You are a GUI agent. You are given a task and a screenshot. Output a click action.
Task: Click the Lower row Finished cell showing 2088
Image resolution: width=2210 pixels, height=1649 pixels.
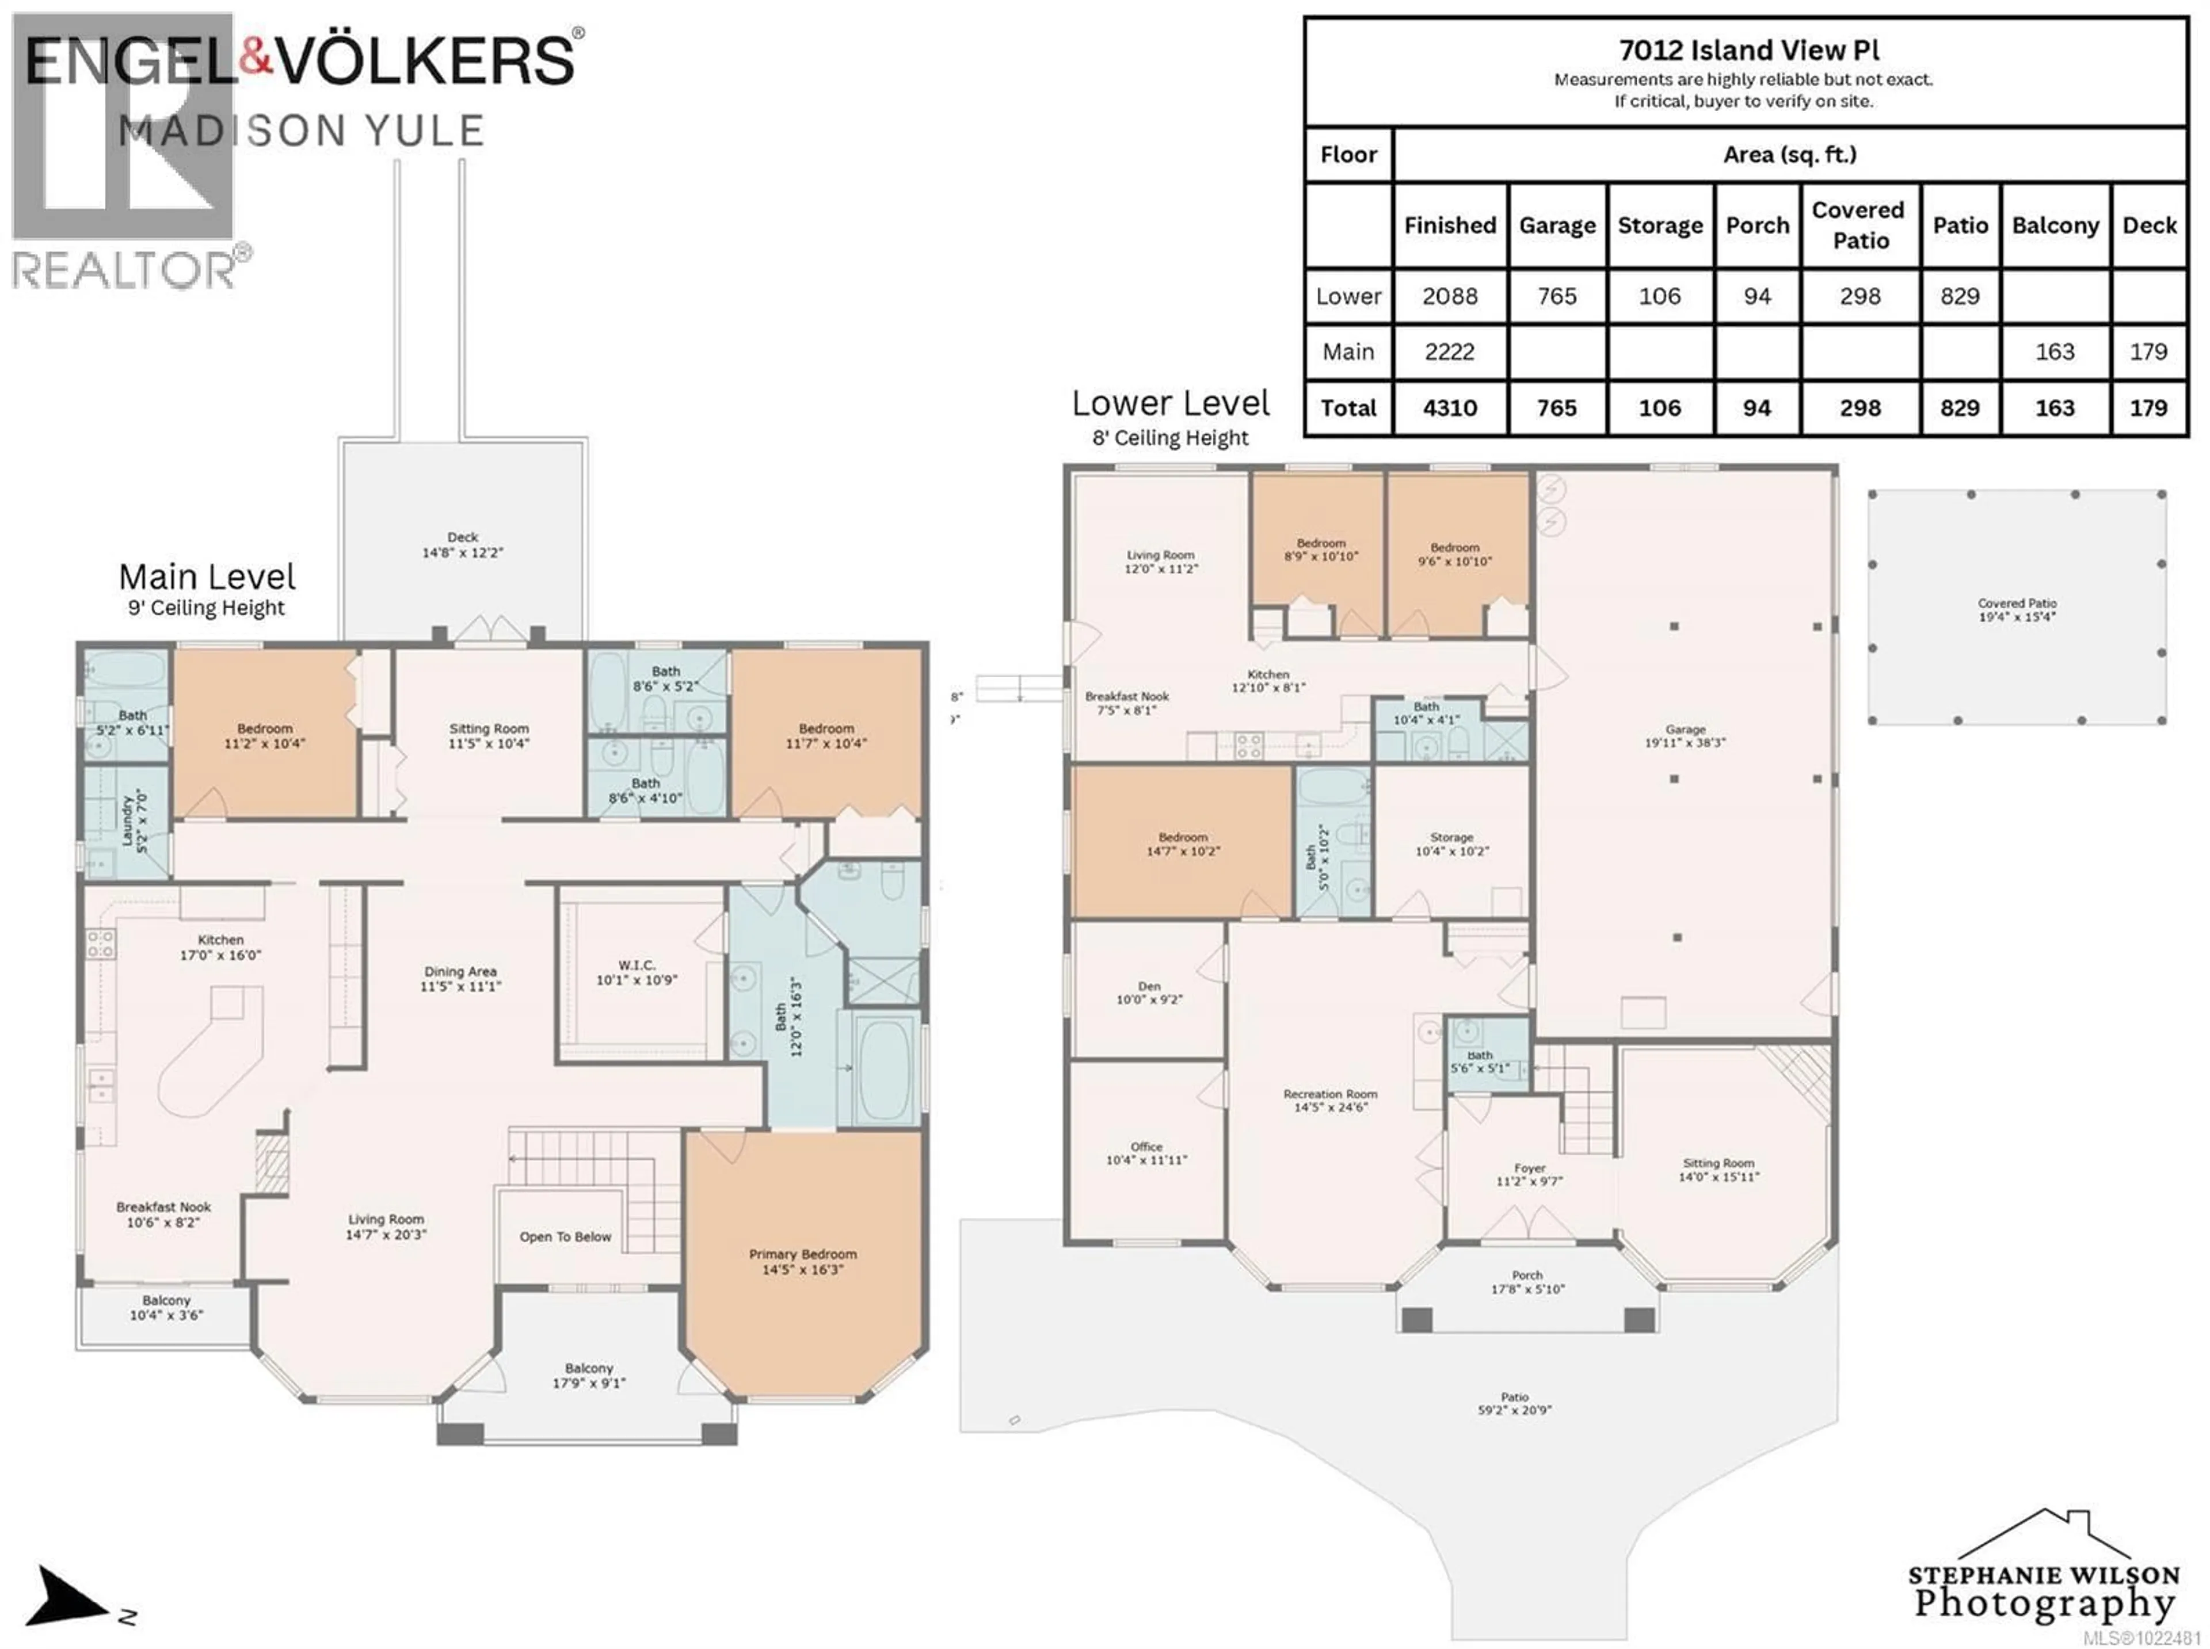point(1449,296)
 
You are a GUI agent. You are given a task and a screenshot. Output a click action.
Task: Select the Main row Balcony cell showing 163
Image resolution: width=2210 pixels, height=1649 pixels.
point(2054,352)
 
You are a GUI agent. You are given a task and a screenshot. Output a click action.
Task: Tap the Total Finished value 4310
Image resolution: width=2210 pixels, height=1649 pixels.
point(1449,409)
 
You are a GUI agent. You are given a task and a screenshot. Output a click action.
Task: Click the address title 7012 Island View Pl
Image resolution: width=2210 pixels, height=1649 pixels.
point(1748,50)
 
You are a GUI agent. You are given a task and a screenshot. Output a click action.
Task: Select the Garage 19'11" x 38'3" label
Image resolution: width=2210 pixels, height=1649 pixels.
point(1685,736)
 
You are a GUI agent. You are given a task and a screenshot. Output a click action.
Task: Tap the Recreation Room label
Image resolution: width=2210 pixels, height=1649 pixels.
point(1329,1100)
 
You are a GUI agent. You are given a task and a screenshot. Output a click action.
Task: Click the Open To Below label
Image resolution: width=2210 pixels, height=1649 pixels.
point(565,1237)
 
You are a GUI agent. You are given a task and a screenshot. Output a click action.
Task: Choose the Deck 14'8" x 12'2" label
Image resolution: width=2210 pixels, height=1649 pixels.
point(462,544)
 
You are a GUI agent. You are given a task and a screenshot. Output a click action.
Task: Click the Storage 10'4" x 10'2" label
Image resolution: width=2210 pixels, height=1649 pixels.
point(1451,845)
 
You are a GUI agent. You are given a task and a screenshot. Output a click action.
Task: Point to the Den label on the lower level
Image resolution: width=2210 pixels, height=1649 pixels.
point(1149,992)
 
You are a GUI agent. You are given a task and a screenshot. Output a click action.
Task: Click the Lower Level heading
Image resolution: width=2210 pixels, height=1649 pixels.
point(1170,404)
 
